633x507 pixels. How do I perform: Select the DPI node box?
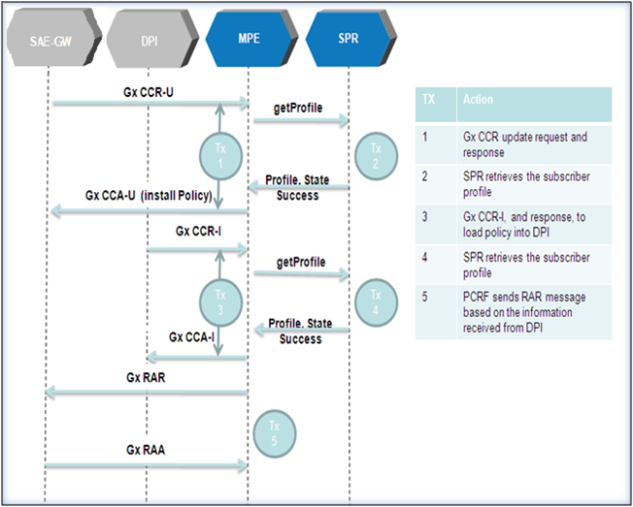152,39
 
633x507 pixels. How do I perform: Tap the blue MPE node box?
251,39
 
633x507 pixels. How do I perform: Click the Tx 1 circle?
220,156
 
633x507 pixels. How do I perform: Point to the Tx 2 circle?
376,156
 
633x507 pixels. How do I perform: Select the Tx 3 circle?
220,302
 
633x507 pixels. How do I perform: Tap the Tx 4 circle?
376,302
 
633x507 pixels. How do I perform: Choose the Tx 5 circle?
275,433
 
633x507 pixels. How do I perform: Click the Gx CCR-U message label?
149,92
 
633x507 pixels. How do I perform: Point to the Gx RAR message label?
146,378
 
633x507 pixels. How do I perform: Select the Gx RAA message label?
146,450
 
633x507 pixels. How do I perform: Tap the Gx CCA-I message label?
191,337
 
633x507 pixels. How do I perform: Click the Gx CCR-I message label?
198,232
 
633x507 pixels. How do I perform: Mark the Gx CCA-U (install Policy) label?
149,196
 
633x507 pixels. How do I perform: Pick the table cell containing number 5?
436,312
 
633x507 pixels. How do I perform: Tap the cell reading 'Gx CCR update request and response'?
534,144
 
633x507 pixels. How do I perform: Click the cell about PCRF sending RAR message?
534,312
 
